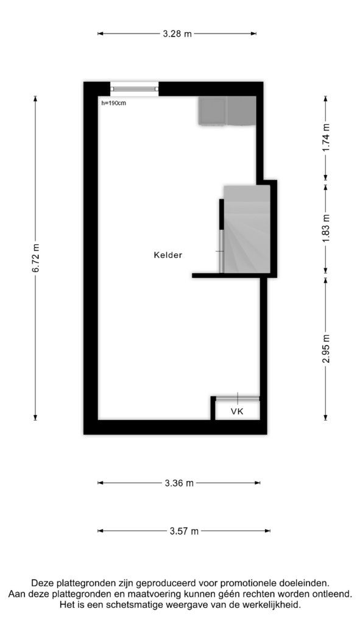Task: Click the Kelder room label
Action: coord(168,255)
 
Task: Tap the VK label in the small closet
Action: coord(237,411)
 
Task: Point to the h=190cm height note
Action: coord(114,103)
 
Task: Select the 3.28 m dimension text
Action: coord(177,34)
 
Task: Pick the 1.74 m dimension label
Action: coord(326,138)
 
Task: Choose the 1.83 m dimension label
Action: coord(326,228)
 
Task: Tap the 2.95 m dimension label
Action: coord(326,349)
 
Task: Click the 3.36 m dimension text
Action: coord(179,483)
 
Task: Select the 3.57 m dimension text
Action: coord(184,531)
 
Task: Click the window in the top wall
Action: coord(134,89)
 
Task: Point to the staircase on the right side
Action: coord(247,229)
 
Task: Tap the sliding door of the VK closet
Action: coord(238,398)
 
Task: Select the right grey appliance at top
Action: coord(241,111)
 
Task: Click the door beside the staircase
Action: coord(221,236)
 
